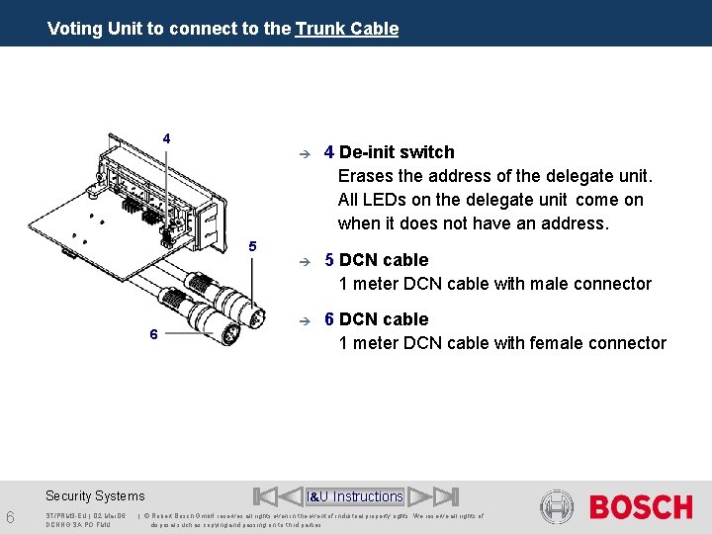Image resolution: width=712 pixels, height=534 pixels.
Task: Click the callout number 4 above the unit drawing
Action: point(166,137)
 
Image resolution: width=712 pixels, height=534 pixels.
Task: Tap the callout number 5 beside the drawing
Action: point(252,245)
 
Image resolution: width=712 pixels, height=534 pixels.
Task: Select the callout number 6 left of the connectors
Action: point(153,334)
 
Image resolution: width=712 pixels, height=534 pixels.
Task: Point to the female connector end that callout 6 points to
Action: point(228,333)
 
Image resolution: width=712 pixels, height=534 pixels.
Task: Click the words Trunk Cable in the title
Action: point(346,29)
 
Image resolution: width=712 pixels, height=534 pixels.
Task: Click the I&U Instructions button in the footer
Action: point(355,496)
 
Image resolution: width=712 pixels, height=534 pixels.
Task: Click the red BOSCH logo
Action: point(641,507)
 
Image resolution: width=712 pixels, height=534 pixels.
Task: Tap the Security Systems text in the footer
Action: point(95,496)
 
